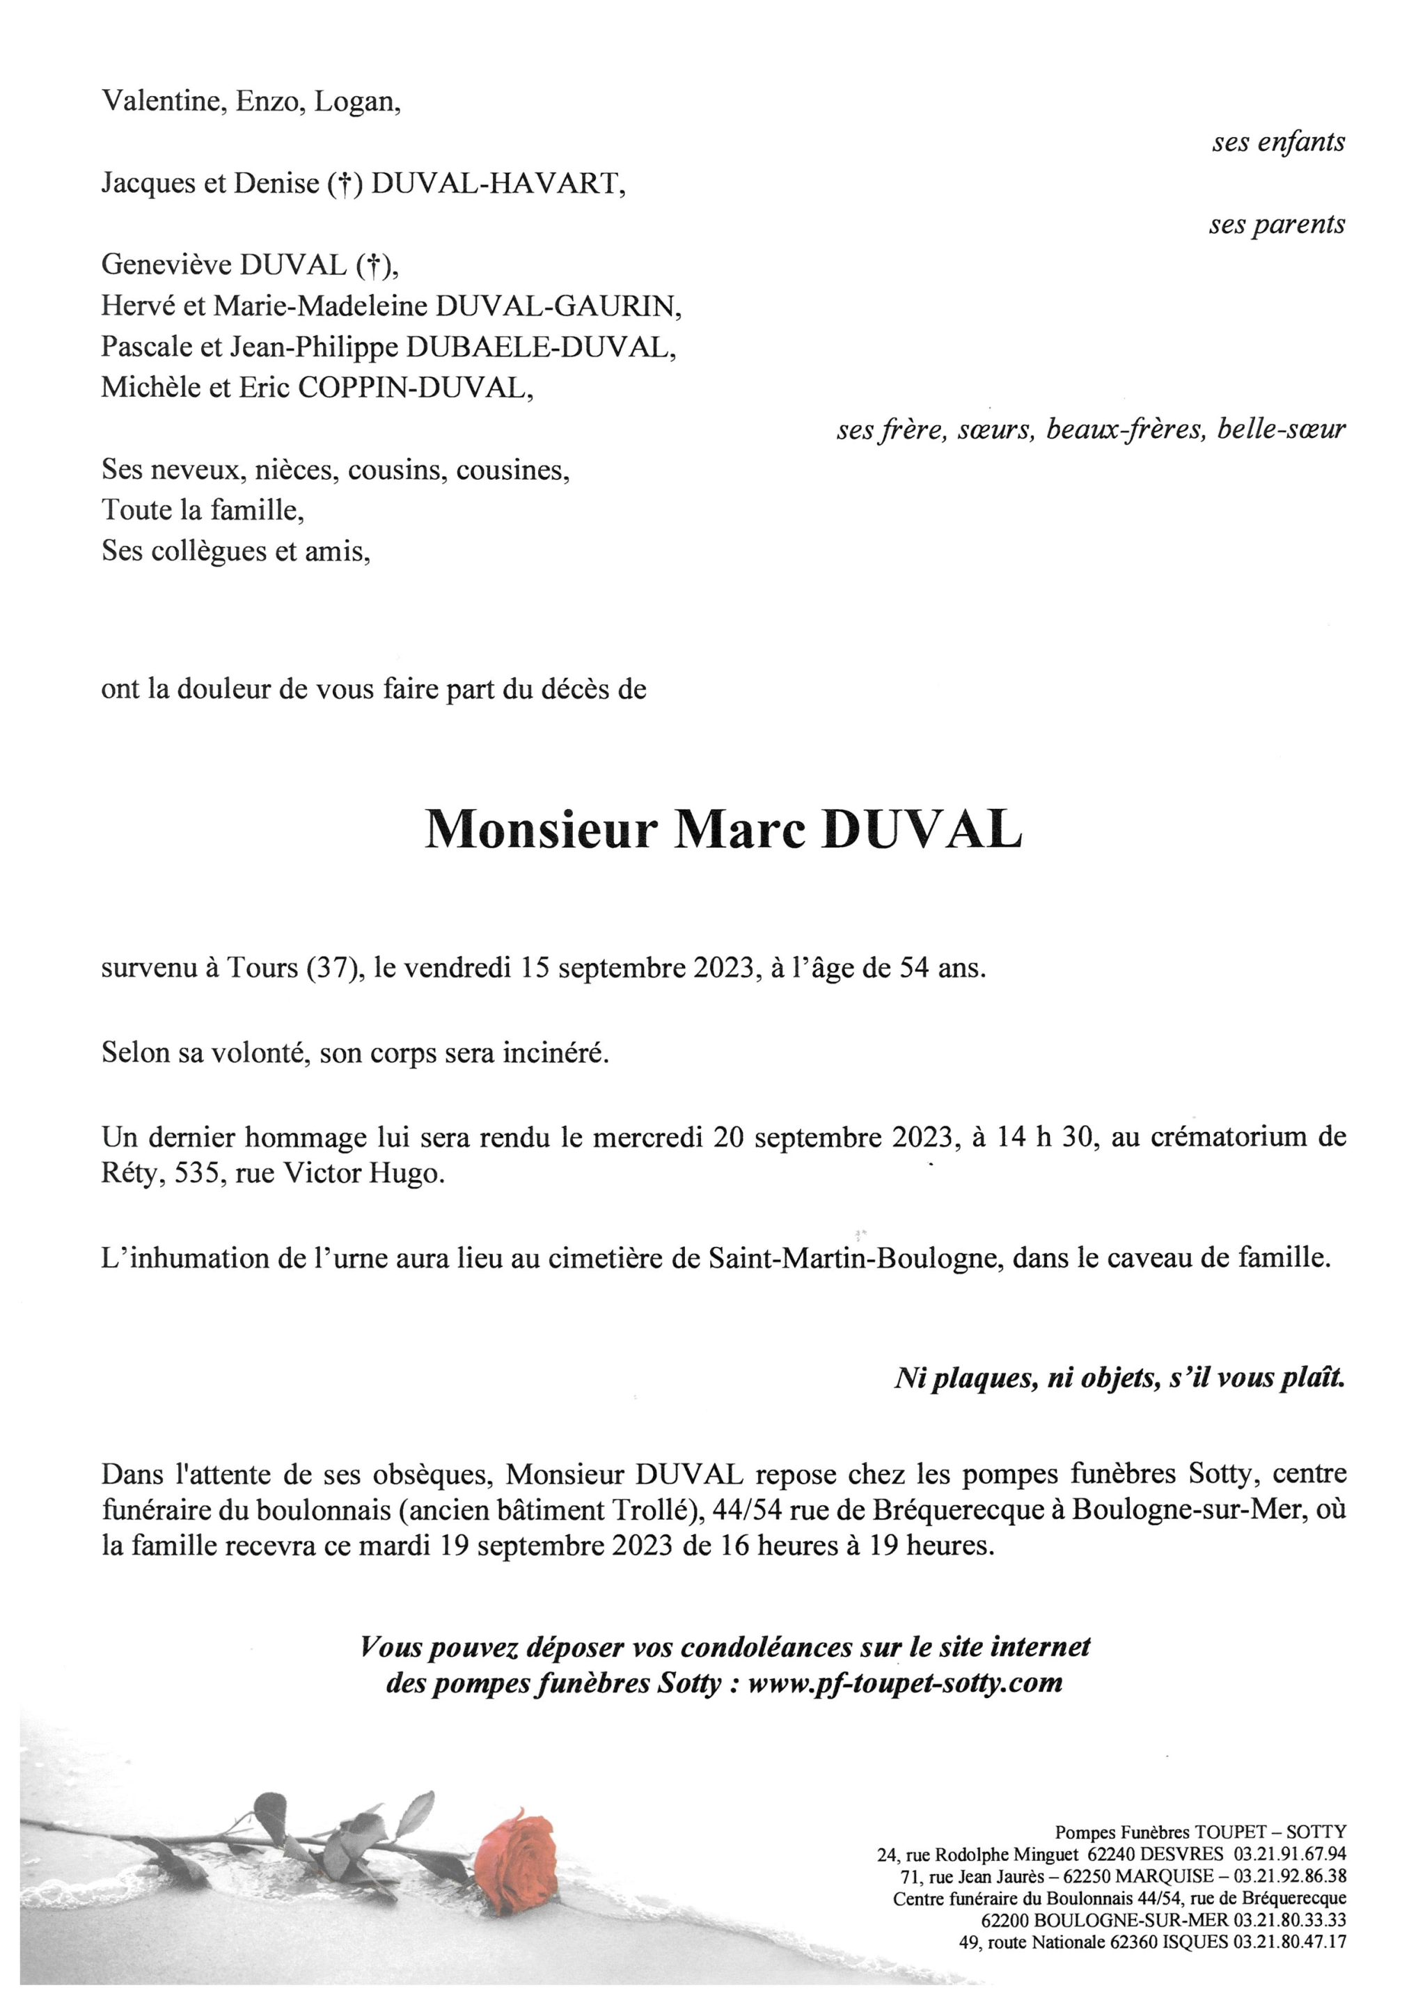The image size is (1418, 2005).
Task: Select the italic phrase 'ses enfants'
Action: point(1277,142)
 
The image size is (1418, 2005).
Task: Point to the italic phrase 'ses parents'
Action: point(1277,226)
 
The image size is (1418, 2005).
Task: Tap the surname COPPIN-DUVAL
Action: point(416,387)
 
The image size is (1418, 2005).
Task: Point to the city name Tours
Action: point(262,969)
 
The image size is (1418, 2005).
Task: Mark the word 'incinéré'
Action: point(553,1053)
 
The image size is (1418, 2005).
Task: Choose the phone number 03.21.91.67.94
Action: point(1290,1853)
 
